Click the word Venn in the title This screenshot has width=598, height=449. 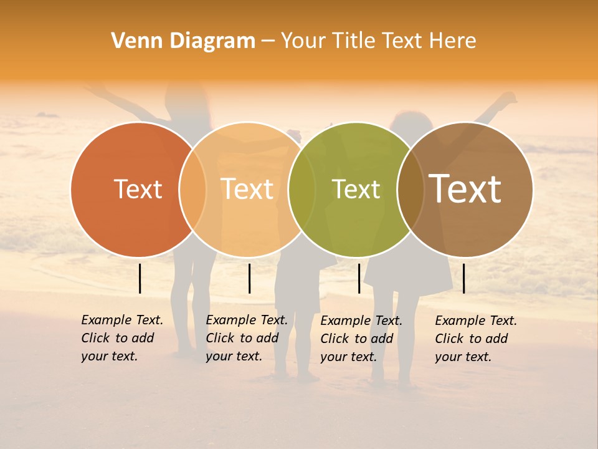pos(133,41)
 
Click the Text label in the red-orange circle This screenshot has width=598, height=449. pos(138,189)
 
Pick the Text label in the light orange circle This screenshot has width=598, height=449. pos(247,189)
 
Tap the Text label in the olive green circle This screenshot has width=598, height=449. pos(356,189)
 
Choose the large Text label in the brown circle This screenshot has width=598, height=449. pos(465,189)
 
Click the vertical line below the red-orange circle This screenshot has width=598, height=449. pos(140,278)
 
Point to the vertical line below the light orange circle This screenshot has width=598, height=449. pos(249,278)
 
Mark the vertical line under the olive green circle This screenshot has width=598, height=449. pos(359,278)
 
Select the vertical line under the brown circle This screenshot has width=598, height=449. pos(464,278)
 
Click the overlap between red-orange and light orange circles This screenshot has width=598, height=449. pos(192,190)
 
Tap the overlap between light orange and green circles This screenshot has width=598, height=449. pos(301,190)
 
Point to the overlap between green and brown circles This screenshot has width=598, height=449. pos(411,190)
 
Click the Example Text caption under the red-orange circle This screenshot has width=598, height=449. pos(122,338)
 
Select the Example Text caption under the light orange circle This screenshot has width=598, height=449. pos(247,338)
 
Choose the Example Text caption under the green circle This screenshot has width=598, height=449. pos(361,339)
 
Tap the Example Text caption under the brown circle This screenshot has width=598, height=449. pos(476,339)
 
